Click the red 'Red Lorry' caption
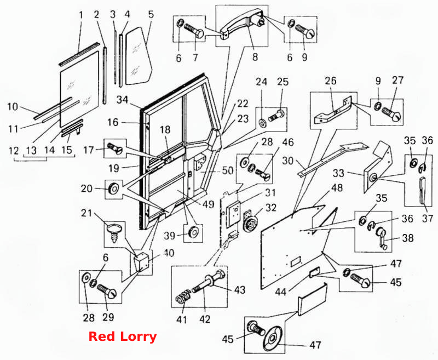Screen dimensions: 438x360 pyautogui.click(x=122, y=336)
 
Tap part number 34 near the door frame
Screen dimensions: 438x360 pyautogui.click(x=122, y=100)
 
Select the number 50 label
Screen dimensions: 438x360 pyautogui.click(x=227, y=170)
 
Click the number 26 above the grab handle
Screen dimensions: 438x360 pyautogui.click(x=331, y=81)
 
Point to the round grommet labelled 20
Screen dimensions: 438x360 pyautogui.click(x=114, y=188)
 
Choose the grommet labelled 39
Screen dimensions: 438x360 pyautogui.click(x=193, y=232)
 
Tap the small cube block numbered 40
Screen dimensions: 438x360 pyautogui.click(x=141, y=261)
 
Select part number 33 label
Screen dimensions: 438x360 pyautogui.click(x=338, y=173)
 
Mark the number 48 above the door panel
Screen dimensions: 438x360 pyautogui.click(x=337, y=188)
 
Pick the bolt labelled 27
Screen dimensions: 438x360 pyautogui.click(x=391, y=115)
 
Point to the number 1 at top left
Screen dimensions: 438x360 pyautogui.click(x=81, y=15)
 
